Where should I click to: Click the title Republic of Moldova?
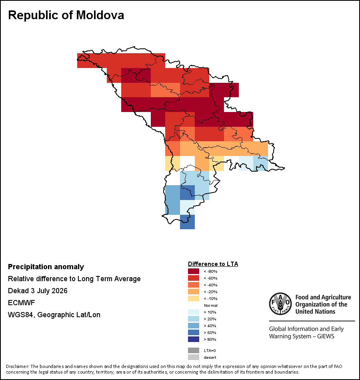(x=66, y=15)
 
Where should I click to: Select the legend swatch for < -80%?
(x=194, y=271)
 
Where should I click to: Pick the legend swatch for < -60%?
(x=194, y=278)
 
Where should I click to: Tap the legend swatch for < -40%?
(x=194, y=285)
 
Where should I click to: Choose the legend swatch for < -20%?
(x=194, y=292)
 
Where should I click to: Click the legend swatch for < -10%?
(x=194, y=298)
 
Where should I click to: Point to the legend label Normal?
(x=211, y=305)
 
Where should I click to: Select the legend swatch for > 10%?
(x=194, y=312)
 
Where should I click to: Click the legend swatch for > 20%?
(x=194, y=319)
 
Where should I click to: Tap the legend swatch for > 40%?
(x=194, y=326)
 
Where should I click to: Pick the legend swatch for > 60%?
(x=194, y=332)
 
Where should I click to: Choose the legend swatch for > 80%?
(x=194, y=339)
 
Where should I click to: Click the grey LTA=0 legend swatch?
(x=194, y=350)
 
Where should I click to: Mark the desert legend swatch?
(x=194, y=357)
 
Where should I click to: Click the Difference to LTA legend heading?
(x=213, y=264)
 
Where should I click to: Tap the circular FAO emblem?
(x=280, y=304)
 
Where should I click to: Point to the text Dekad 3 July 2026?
(x=38, y=290)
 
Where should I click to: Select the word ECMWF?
(x=21, y=303)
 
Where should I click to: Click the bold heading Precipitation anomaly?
(x=46, y=267)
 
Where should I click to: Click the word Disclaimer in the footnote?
(x=17, y=366)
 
